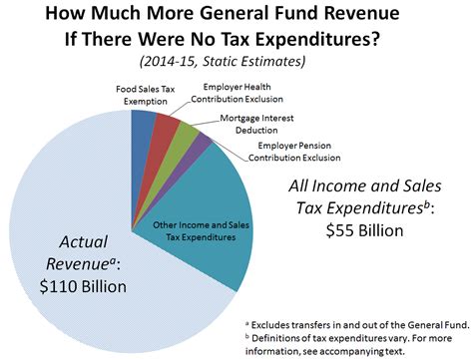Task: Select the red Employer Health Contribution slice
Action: click(167, 131)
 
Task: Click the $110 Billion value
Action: click(74, 289)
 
